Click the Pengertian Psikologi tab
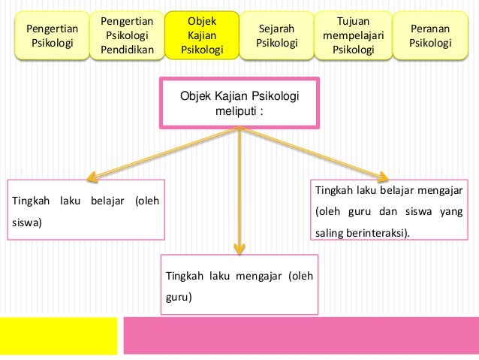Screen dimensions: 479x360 [x=52, y=35]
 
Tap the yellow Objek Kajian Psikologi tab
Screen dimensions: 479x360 [x=202, y=35]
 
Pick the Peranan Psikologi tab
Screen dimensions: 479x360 [x=430, y=35]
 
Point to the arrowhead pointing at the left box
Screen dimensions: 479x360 [x=92, y=177]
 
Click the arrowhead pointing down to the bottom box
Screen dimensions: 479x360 [x=239, y=248]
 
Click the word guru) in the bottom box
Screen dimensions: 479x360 [x=179, y=297]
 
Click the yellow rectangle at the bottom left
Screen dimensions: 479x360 [x=59, y=334]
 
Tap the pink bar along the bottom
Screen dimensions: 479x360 [x=300, y=334]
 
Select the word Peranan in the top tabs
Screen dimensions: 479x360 [x=430, y=28]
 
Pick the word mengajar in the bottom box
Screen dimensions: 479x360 [x=253, y=275]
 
